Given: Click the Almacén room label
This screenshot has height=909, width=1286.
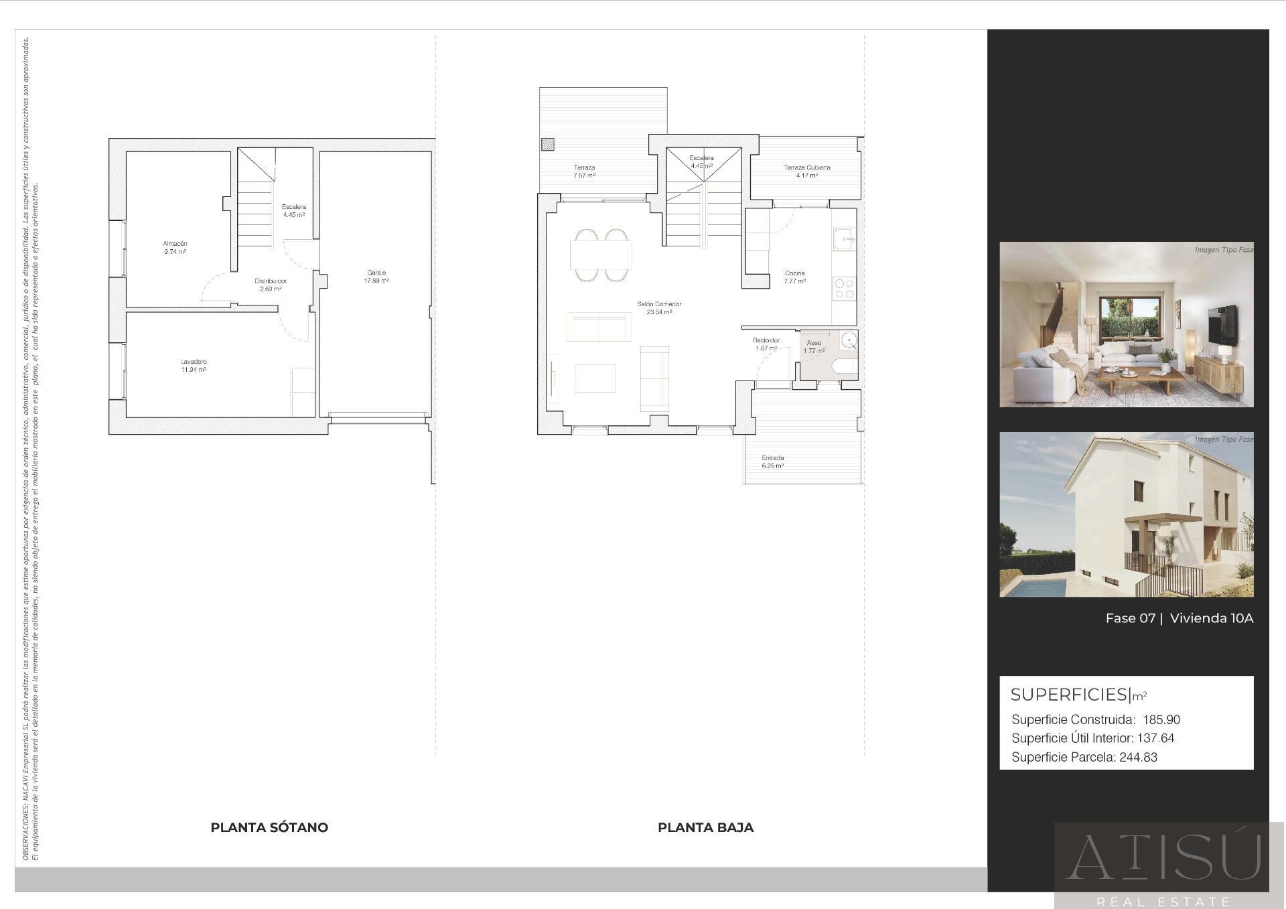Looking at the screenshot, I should pos(175,244).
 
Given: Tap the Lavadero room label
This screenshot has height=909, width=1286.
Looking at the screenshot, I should pos(193,362).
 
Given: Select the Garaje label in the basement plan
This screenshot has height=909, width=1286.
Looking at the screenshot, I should pos(376,273).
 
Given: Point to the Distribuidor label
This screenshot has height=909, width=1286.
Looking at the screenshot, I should pos(271,281).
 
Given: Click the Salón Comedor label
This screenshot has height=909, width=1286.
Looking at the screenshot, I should pos(659,304).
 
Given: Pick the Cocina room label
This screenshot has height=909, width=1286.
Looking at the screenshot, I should pos(794,273).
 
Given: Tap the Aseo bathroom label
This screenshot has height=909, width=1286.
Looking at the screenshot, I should pos(814,343).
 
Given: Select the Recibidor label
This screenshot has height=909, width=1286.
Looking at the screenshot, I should pos(766,340).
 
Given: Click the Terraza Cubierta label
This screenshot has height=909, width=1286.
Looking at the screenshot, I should pos(807,167).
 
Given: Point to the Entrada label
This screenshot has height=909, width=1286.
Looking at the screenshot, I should pos(772,458).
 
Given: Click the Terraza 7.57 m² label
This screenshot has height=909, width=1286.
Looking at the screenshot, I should pos(584,167).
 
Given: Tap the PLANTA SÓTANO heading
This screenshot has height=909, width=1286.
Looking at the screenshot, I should pos(269,827).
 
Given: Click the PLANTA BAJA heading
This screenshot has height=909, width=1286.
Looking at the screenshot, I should pos(705,827).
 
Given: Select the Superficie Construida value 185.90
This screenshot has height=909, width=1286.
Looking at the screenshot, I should pos(1161,720).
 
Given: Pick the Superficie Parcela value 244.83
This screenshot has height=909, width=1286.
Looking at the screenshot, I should pos(1138,758).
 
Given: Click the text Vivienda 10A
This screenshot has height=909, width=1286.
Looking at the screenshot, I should pos(1211,618).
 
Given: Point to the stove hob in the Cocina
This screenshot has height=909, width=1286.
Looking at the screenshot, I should pos(844,289).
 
